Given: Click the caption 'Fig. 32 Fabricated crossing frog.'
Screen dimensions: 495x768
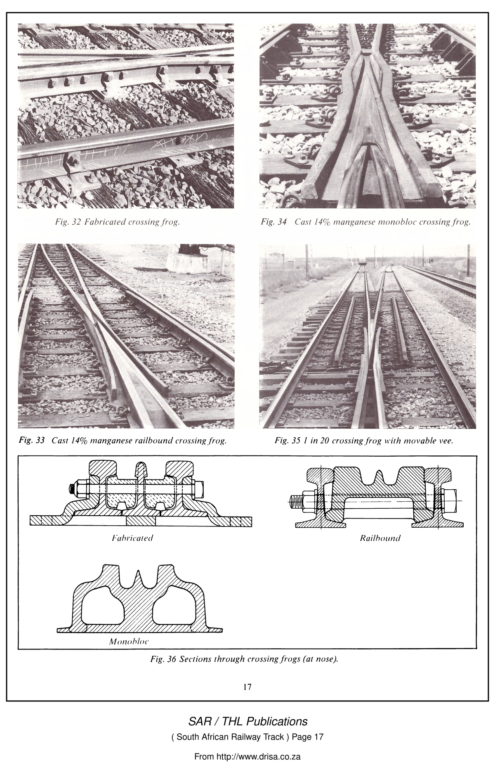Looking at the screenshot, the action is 118,223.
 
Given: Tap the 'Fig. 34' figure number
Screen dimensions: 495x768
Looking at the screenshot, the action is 273,223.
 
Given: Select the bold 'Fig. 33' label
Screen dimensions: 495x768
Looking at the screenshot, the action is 32,440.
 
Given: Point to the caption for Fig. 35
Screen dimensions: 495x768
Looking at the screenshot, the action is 364,441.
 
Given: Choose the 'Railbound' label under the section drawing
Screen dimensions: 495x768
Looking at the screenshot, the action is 380,538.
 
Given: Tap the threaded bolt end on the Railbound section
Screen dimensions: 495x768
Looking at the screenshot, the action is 296,502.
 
